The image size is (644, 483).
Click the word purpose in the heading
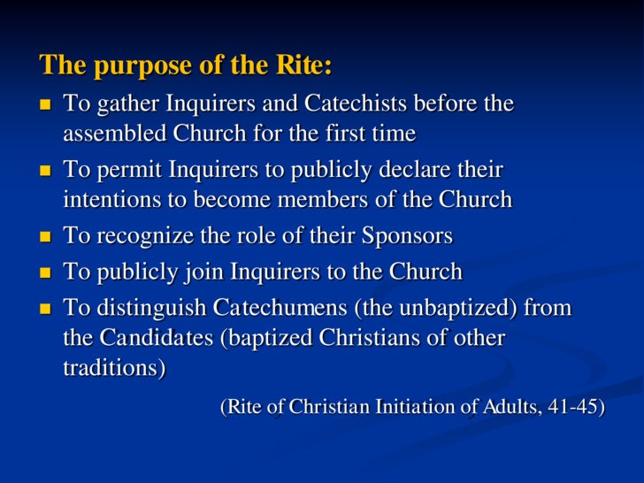(x=131, y=66)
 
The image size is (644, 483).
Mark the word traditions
(x=113, y=368)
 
